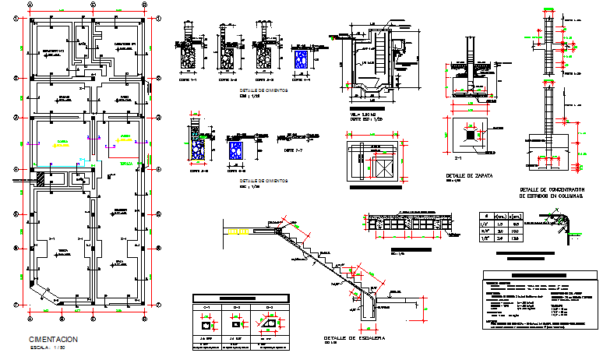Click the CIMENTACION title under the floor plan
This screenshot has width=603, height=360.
coord(53,340)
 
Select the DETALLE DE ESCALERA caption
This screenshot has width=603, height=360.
coord(347,337)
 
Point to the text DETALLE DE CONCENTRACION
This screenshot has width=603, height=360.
coord(552,189)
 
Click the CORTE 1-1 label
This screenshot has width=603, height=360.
coord(188,80)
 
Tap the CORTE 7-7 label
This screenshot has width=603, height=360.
coord(291,150)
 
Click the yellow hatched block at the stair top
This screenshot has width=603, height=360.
coord(238,231)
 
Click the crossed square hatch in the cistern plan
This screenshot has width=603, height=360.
coord(383,168)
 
